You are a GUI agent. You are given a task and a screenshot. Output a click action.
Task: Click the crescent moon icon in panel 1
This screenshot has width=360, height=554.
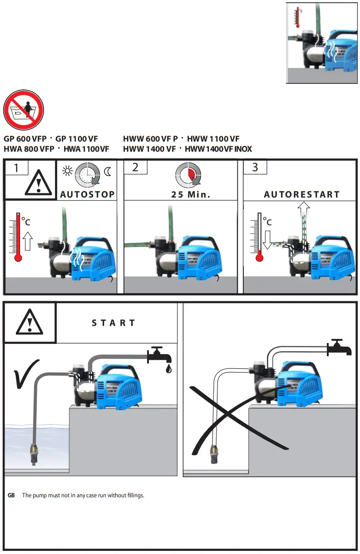tap(108, 172)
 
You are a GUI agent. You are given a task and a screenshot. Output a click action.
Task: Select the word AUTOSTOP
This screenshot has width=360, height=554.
tap(88, 194)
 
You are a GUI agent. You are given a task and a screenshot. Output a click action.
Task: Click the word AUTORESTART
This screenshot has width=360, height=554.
tap(302, 194)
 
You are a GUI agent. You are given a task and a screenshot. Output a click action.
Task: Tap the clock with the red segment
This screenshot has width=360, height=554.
tap(188, 174)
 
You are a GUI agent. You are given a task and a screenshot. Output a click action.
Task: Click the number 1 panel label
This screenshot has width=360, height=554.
tap(16, 167)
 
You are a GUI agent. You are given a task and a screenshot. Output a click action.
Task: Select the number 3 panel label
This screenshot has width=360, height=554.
tap(255, 167)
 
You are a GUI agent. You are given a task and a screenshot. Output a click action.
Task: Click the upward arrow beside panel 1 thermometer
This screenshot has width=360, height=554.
tap(27, 240)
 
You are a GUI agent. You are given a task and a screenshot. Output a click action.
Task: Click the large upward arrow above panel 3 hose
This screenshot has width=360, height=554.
tap(304, 211)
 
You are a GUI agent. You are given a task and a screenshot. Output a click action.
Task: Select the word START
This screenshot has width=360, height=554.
tap(113, 323)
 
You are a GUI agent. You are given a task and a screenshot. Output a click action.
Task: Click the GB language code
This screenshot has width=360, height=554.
tap(12, 495)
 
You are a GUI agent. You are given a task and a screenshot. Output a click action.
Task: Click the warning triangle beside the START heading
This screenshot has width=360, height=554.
tap(30, 323)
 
